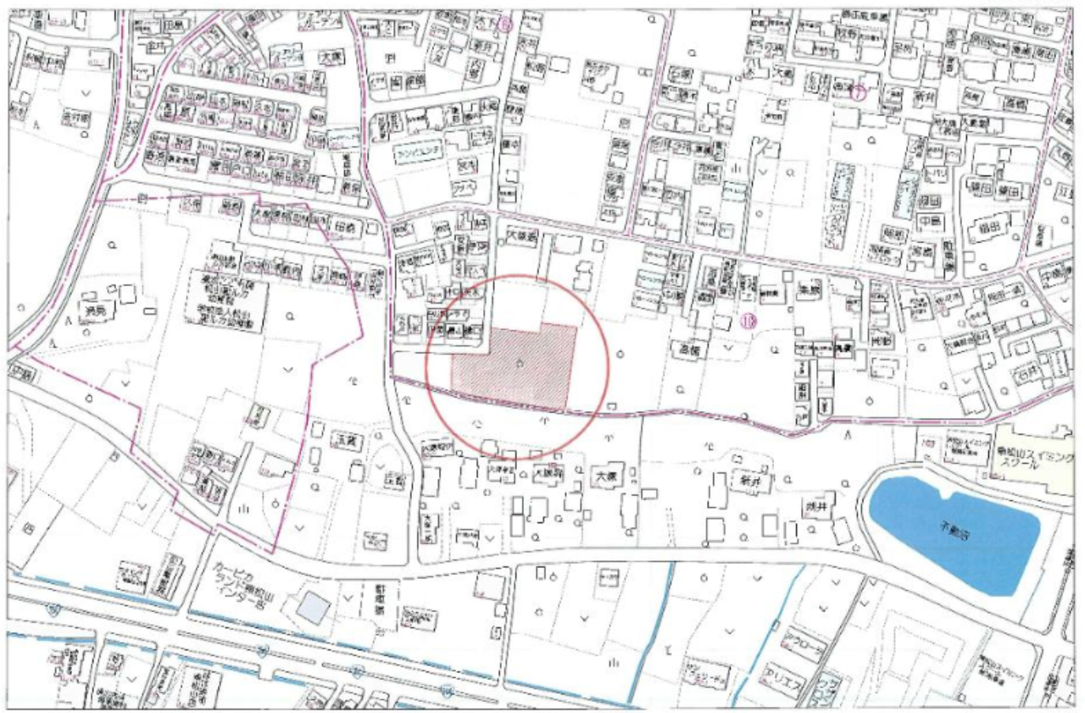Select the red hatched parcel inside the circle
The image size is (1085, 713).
[x=517, y=363]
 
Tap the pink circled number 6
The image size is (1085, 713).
[x=506, y=25]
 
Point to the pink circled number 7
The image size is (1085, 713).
[x=858, y=92]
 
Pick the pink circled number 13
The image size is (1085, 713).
[x=748, y=320]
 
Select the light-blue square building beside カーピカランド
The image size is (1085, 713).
[x=312, y=607]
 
